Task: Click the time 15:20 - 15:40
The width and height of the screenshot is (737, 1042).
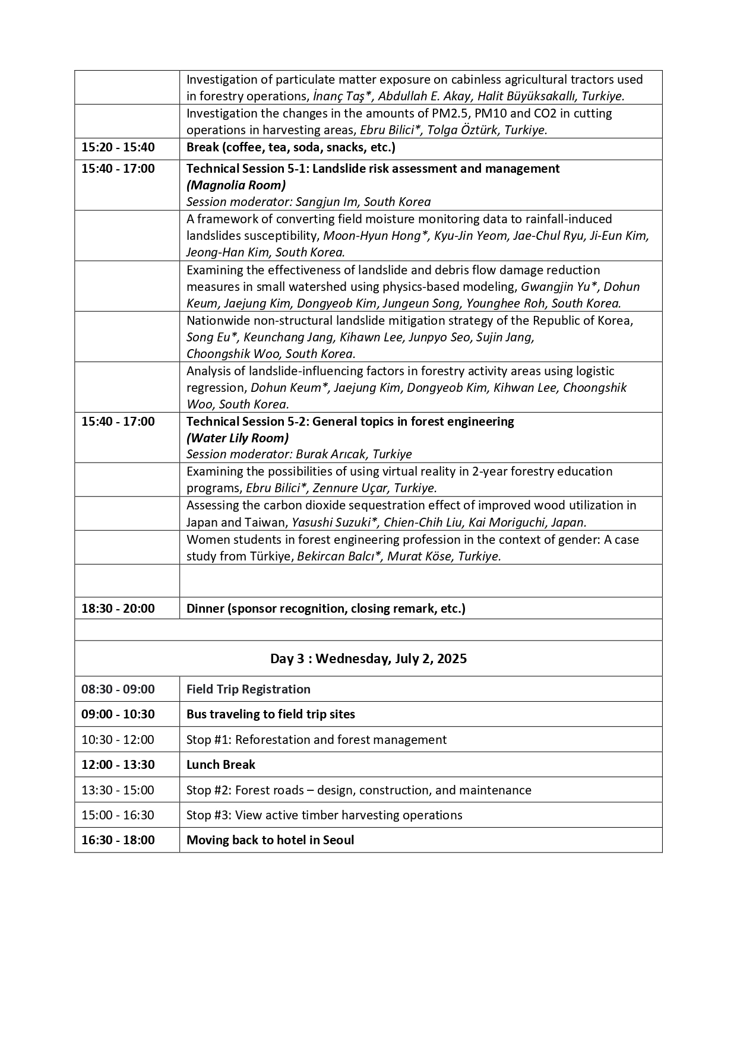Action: click(118, 147)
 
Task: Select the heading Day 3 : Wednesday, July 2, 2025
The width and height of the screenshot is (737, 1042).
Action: click(368, 658)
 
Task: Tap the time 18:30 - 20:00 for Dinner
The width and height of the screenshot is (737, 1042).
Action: click(118, 608)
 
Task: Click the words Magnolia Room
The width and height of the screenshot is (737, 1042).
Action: click(236, 185)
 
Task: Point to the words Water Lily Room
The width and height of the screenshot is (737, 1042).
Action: click(238, 438)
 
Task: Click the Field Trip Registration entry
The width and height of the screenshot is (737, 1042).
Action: click(248, 689)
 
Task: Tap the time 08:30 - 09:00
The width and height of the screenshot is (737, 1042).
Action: click(118, 689)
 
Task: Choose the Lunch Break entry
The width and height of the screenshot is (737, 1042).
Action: click(220, 764)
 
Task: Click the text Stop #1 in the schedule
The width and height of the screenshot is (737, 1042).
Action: click(207, 739)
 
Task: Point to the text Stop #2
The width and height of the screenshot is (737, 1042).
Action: click(207, 790)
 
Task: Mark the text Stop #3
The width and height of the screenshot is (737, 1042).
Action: click(207, 815)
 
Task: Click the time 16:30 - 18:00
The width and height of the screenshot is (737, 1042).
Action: click(118, 840)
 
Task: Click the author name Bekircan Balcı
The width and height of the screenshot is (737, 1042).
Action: click(336, 556)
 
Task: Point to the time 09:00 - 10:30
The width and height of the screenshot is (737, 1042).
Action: click(118, 714)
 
